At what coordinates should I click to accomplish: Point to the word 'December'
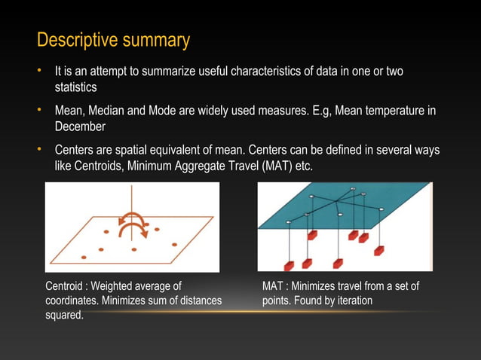[x=80, y=127]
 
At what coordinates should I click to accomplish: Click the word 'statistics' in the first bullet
[x=75, y=87]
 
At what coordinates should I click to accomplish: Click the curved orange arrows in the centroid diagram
[x=133, y=223]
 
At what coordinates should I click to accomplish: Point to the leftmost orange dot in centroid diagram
[x=83, y=258]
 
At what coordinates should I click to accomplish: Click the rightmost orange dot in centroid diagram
[x=174, y=245]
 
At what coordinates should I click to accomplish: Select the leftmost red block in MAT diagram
[x=289, y=264]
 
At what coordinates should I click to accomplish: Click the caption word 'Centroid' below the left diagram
[x=66, y=286]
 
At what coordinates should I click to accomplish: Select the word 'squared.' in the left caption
[x=65, y=315]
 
